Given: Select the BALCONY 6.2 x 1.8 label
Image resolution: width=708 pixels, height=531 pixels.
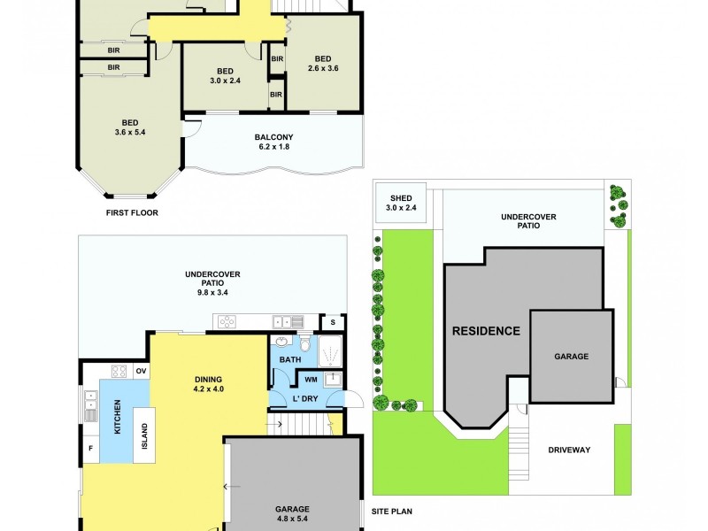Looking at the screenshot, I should (x=273, y=142).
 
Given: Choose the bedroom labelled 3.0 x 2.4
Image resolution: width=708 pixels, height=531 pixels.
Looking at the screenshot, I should (x=224, y=76).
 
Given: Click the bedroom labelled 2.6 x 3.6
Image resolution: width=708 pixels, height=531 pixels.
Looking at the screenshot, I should (x=323, y=63).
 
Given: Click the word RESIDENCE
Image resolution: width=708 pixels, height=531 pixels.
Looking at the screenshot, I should (x=486, y=331).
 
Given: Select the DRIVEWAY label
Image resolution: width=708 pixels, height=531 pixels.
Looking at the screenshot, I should (x=568, y=450).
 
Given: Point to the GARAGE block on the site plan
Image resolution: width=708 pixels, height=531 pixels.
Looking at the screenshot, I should (x=571, y=356).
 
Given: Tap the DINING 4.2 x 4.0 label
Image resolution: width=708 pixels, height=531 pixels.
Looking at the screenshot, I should (x=209, y=385).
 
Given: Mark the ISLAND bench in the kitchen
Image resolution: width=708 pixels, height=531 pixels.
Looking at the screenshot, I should (x=145, y=435).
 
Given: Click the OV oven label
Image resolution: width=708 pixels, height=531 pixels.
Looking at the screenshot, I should (x=140, y=371).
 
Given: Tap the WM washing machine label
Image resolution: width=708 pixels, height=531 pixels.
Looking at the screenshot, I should (x=310, y=380).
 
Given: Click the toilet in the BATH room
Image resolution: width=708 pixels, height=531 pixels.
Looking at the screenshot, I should (x=304, y=343).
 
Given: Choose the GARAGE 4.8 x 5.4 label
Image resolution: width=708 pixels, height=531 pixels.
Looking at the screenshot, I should (x=291, y=513).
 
